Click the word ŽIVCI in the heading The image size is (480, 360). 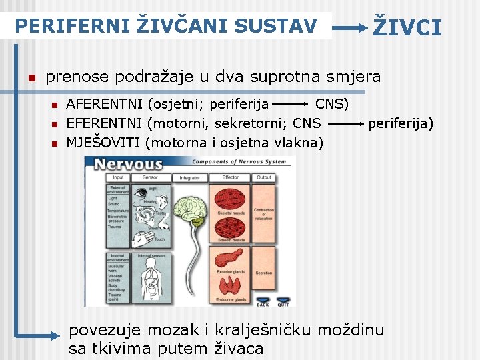tap(407, 27)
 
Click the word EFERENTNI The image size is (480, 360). tap(105, 123)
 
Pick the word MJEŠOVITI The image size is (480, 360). tap(104, 142)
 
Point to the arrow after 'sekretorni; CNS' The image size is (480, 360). tap(345, 124)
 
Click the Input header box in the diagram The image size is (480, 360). tap(118, 177)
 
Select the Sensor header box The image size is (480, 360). tap(150, 177)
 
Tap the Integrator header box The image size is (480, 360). tap(189, 178)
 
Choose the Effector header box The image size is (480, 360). tap(231, 177)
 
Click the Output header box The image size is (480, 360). tap(264, 177)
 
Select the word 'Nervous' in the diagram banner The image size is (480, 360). tap(128, 164)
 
